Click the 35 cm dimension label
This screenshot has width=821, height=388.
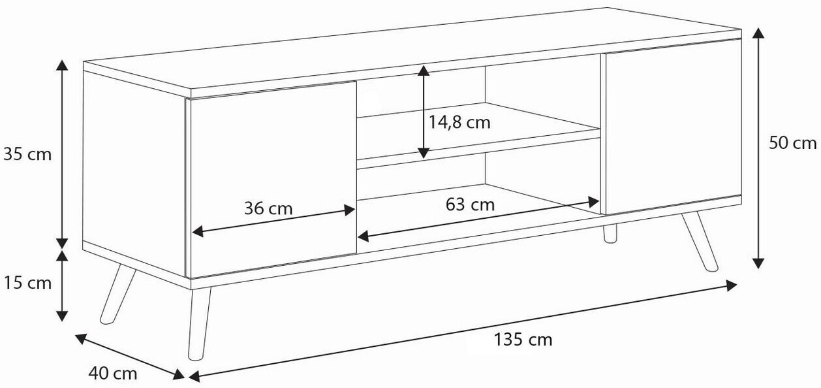[27, 155]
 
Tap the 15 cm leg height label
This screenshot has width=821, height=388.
[27, 283]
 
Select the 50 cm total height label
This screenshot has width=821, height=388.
[793, 143]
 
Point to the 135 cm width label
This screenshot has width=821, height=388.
[523, 340]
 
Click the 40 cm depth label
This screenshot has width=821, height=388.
[113, 374]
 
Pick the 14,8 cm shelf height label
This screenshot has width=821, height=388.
[459, 123]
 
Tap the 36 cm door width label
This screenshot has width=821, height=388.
[269, 208]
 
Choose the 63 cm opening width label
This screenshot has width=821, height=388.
[471, 204]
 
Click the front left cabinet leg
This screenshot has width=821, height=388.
[199, 323]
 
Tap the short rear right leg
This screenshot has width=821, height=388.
[610, 233]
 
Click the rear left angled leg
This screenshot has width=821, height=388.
[117, 295]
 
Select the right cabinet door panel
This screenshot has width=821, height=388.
[674, 127]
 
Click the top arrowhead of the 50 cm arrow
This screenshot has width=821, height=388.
[758, 33]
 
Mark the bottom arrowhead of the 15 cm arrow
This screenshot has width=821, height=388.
[62, 315]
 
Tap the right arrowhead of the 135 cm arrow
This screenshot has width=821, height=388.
[731, 285]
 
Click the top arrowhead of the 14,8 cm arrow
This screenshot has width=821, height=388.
[424, 71]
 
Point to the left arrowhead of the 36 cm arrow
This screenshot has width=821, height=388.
[198, 232]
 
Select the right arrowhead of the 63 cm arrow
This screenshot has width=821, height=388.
[593, 202]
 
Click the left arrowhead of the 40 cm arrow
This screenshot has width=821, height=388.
[81, 339]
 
